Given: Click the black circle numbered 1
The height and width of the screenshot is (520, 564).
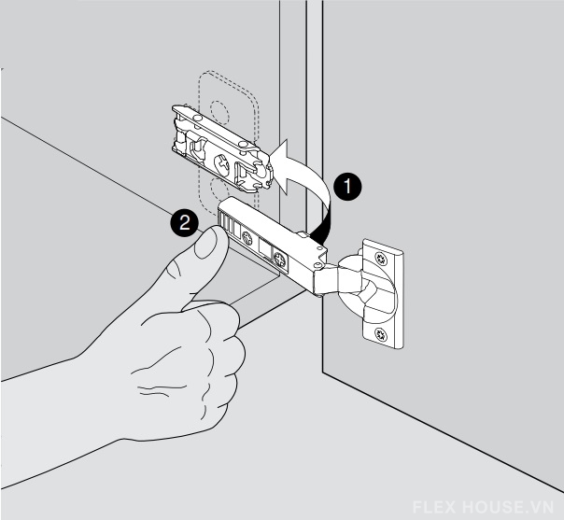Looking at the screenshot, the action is [x=347, y=187].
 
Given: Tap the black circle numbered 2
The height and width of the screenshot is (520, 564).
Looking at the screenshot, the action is [x=185, y=223].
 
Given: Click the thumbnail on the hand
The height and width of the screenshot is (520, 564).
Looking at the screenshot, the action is [x=206, y=243].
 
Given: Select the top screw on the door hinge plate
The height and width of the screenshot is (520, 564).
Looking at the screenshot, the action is [x=381, y=258].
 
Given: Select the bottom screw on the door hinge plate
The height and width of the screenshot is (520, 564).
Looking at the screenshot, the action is [x=381, y=335].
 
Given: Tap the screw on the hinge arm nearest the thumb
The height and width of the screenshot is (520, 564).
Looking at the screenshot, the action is [x=247, y=238].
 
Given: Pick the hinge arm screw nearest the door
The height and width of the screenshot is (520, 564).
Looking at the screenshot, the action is [x=279, y=259].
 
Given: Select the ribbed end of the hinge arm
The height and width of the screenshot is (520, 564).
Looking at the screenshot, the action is [x=225, y=219].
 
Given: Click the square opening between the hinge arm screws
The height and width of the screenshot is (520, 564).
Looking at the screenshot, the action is [x=266, y=249].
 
